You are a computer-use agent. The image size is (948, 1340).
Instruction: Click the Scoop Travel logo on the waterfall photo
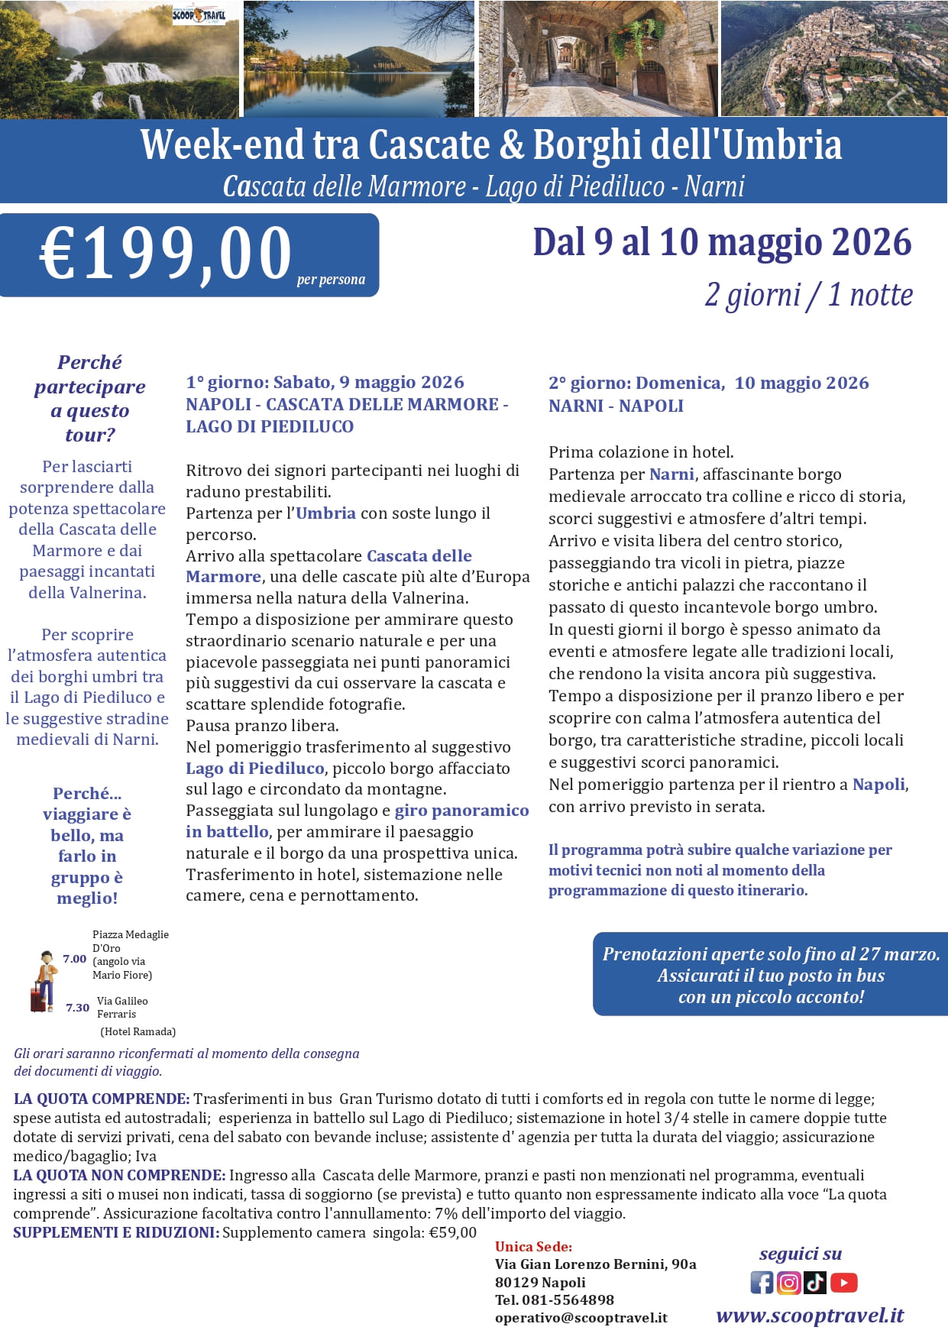(x=199, y=15)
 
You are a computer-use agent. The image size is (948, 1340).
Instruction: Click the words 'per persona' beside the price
(x=331, y=280)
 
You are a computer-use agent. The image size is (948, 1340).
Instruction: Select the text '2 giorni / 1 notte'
(x=808, y=295)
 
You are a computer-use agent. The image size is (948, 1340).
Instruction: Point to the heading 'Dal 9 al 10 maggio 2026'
(x=722, y=242)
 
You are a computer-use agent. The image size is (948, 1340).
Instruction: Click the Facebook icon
(x=762, y=1282)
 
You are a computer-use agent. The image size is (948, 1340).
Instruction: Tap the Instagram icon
(x=788, y=1282)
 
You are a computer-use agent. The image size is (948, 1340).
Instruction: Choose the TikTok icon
(x=815, y=1282)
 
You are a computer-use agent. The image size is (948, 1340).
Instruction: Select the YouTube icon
(x=843, y=1282)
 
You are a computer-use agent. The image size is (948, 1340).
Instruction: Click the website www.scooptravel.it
(x=810, y=1315)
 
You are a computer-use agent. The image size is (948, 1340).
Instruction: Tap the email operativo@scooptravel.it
(x=581, y=1317)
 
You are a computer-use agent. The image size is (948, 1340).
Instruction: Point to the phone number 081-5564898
(x=568, y=1300)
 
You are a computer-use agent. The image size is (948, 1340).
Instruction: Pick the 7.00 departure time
(x=74, y=959)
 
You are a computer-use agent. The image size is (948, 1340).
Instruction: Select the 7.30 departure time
(x=77, y=1008)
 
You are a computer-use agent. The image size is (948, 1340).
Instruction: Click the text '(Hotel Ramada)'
(x=138, y=1031)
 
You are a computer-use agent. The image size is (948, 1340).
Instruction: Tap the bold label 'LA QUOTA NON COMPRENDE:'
(x=119, y=1175)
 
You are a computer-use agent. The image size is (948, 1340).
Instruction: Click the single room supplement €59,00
(x=452, y=1232)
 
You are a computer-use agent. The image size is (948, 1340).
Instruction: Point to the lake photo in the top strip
(x=358, y=59)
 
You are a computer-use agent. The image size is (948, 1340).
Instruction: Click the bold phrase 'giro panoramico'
(x=461, y=811)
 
